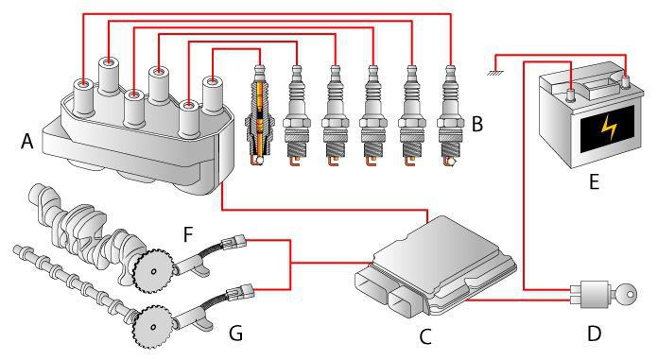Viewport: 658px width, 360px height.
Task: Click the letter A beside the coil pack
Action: [26, 141]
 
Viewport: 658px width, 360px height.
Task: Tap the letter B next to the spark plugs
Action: [477, 124]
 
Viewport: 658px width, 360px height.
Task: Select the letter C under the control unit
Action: [425, 336]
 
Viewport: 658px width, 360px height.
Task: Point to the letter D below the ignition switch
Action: [595, 334]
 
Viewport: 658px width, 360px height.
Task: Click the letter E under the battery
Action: [594, 182]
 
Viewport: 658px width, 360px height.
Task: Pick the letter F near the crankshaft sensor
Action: [188, 234]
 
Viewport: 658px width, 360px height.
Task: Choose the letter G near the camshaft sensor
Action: [235, 334]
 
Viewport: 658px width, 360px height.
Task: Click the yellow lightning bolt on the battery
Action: [608, 128]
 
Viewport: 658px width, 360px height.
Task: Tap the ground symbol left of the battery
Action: [495, 74]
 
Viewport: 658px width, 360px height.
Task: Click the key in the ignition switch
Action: [625, 295]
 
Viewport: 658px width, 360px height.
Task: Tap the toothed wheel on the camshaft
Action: [153, 326]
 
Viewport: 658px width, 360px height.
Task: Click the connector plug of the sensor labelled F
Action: [233, 241]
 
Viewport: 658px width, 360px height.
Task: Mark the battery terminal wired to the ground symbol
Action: [625, 81]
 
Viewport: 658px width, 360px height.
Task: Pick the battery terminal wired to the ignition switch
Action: [571, 94]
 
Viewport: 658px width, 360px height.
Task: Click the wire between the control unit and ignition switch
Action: [518, 300]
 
